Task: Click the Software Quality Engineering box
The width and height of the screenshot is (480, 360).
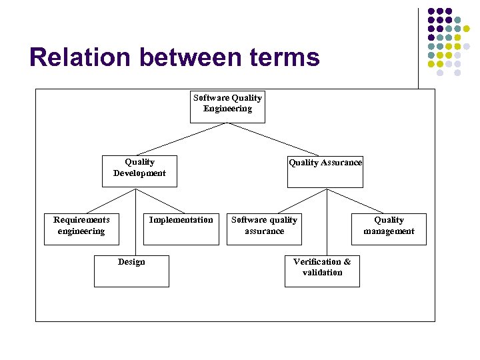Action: coord(227,107)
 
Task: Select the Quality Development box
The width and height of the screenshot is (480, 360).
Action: coord(139,171)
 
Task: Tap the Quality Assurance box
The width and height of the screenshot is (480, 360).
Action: coord(325,171)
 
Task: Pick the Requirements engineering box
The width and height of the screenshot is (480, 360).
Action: coord(81,229)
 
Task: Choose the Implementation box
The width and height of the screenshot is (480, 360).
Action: coord(181,229)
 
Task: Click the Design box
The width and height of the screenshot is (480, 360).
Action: coord(131,271)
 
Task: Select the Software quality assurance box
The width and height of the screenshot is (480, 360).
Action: coord(264,229)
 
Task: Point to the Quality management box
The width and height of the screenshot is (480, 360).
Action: coord(389,229)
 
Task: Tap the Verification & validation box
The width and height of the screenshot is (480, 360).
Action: coord(322,271)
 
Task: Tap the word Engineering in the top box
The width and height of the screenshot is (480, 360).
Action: coord(227,109)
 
